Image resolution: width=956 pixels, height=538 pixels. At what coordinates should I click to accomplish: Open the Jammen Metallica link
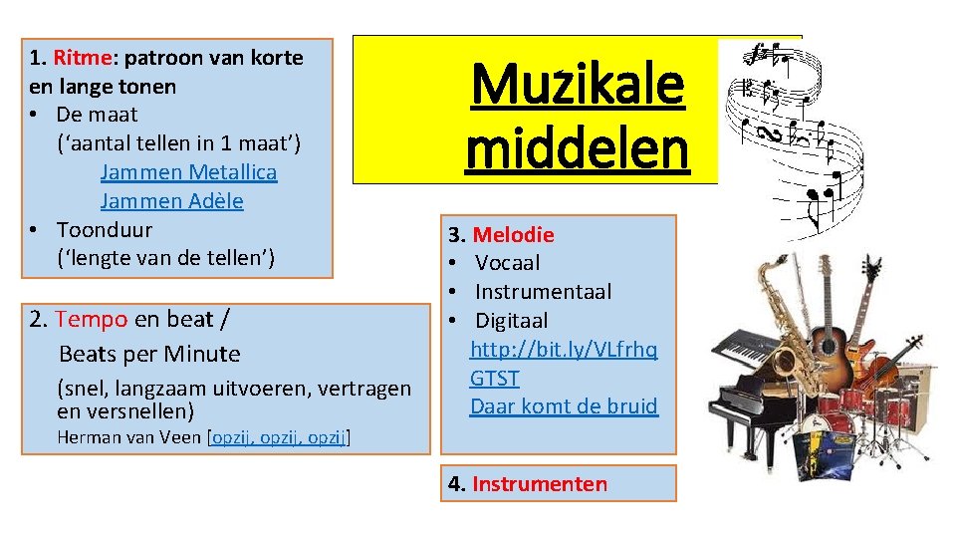[188, 172]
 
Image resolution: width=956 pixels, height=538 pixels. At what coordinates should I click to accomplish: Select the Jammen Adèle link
[171, 201]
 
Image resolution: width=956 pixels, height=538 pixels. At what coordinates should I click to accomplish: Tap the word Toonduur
[104, 230]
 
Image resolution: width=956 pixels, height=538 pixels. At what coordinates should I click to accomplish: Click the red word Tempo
[92, 319]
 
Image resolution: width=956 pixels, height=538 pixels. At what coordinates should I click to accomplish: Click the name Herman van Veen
[128, 437]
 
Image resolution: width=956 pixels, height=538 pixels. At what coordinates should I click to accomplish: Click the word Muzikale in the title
[578, 86]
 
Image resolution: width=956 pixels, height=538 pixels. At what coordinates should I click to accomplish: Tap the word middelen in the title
[577, 148]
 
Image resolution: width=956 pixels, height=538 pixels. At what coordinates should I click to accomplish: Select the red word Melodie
[513, 235]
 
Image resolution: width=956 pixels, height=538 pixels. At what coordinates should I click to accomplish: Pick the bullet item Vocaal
[507, 263]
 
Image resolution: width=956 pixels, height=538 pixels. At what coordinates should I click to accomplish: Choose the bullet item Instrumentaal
[543, 292]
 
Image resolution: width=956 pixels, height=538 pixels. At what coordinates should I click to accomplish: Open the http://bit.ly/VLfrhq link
[564, 350]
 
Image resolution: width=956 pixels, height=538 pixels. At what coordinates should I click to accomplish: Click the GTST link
[495, 379]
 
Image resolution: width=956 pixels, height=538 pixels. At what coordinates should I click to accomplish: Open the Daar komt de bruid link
[564, 406]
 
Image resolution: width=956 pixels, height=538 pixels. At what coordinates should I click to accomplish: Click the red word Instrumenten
[539, 484]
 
